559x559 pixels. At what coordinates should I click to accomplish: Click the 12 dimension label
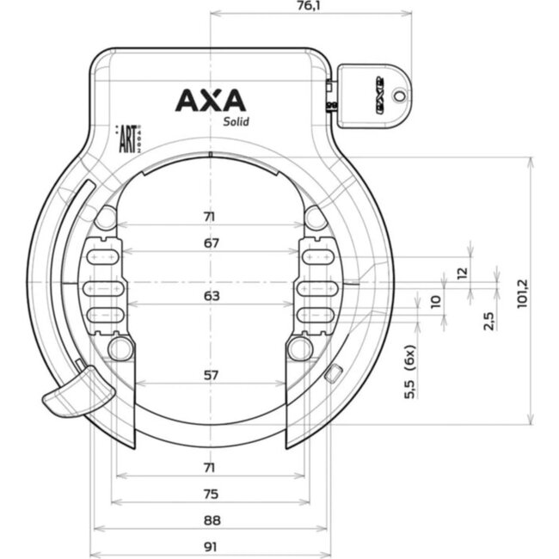(x=461, y=273)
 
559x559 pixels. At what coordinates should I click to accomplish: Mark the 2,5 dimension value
(x=488, y=321)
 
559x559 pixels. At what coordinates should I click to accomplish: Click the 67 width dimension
(x=212, y=243)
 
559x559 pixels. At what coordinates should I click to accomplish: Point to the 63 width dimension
(x=212, y=296)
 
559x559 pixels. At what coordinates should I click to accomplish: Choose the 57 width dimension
(x=212, y=375)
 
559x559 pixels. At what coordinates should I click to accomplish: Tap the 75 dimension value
(x=212, y=494)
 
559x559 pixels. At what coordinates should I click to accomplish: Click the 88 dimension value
(x=212, y=519)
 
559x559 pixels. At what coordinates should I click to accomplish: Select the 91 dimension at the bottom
(x=212, y=545)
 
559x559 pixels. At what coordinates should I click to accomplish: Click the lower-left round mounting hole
(x=121, y=347)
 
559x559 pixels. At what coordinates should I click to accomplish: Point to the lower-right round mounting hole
(x=298, y=347)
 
